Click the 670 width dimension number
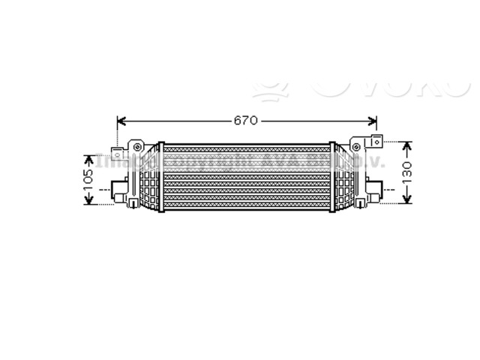(246, 120)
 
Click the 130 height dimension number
(408, 172)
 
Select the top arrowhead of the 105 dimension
(88, 158)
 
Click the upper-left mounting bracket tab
(118, 153)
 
